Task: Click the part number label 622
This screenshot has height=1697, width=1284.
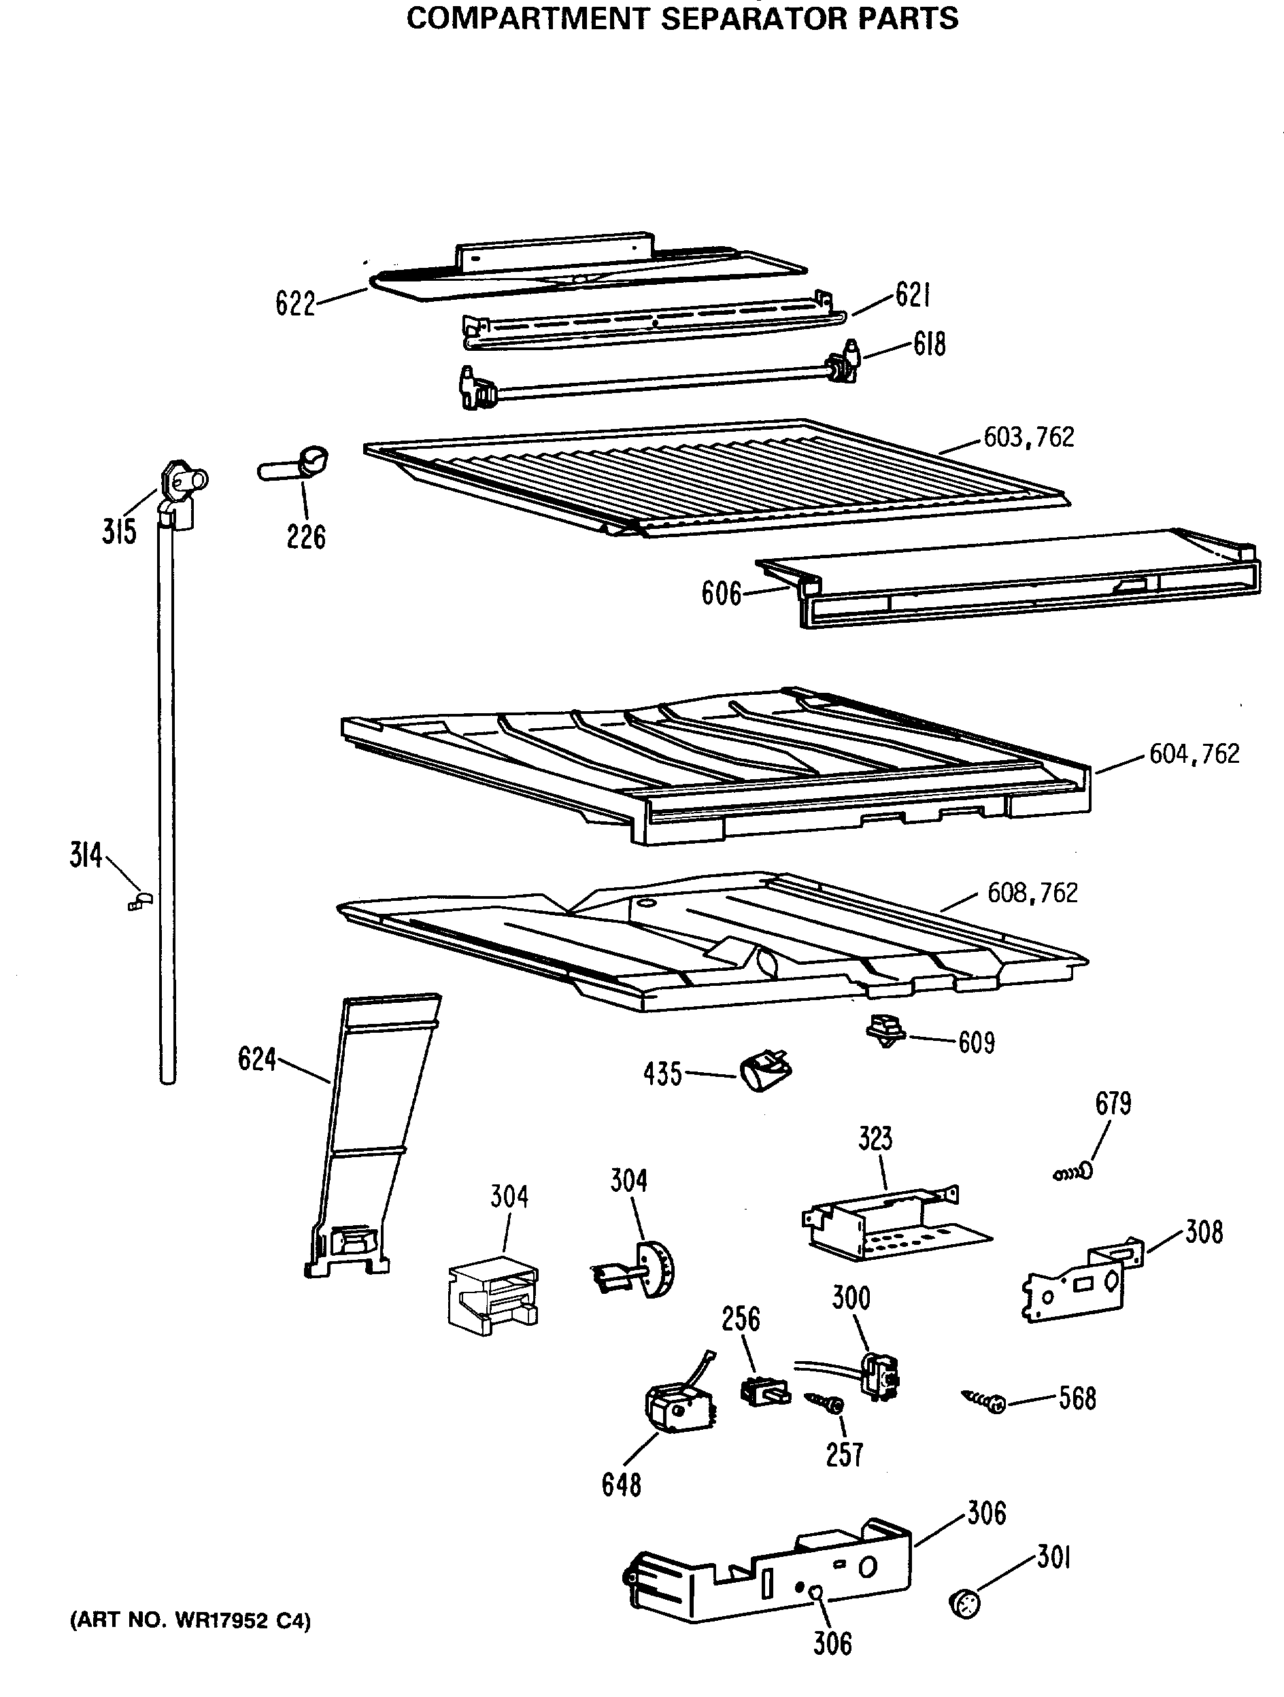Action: tap(295, 305)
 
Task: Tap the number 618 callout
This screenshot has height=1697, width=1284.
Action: tap(928, 345)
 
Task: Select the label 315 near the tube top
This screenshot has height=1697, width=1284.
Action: tap(119, 531)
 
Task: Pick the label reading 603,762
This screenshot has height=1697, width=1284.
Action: tap(1028, 437)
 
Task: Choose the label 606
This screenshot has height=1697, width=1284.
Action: tap(721, 594)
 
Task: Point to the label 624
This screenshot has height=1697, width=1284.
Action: tap(256, 1059)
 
